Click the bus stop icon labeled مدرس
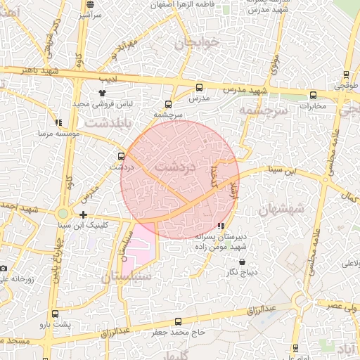coord(199,88)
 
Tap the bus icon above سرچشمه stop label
coord(167,104)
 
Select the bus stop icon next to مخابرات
coord(305,96)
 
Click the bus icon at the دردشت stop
coord(121,157)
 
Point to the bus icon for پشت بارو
coord(55,314)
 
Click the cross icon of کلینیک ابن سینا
coord(83,214)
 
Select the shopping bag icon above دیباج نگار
coord(243,262)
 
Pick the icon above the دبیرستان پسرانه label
coord(221,226)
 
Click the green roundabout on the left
coord(63,213)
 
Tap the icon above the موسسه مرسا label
coord(58,122)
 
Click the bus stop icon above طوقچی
coord(346,74)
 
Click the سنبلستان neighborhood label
coord(127,277)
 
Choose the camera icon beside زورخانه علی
coord(4,268)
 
